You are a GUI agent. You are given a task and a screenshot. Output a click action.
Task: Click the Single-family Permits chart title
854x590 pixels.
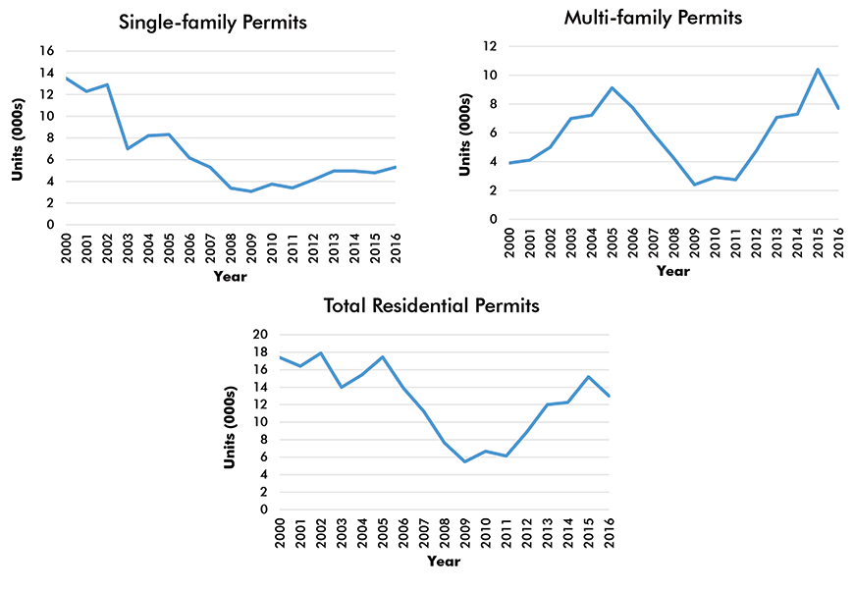[213, 22]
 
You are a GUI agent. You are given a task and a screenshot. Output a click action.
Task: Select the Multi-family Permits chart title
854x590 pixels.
[653, 17]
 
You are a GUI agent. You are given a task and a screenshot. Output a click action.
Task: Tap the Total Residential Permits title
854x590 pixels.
[432, 305]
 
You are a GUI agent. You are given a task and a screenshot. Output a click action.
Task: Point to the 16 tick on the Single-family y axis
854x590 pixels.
[46, 51]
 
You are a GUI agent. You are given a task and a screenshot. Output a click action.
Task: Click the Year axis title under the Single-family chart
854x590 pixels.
[230, 276]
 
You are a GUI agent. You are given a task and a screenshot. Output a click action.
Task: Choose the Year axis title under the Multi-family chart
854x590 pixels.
[673, 271]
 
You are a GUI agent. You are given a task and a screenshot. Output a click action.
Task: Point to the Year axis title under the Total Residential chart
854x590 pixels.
[443, 562]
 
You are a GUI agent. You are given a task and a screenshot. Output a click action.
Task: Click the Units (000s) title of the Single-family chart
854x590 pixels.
[19, 137]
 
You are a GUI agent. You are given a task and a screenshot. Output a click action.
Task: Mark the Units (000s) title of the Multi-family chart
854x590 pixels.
[464, 133]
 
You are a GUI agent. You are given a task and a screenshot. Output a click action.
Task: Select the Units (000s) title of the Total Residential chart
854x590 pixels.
[231, 422]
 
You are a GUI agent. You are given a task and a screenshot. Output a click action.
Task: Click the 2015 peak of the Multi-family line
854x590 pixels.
[819, 69]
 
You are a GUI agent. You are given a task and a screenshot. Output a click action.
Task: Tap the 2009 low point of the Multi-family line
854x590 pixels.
[694, 185]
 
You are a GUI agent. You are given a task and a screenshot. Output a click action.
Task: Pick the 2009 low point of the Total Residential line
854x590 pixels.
[464, 461]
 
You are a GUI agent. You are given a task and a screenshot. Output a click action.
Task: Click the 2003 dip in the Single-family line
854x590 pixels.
[128, 148]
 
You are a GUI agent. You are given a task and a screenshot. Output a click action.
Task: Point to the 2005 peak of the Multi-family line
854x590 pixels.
[612, 87]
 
